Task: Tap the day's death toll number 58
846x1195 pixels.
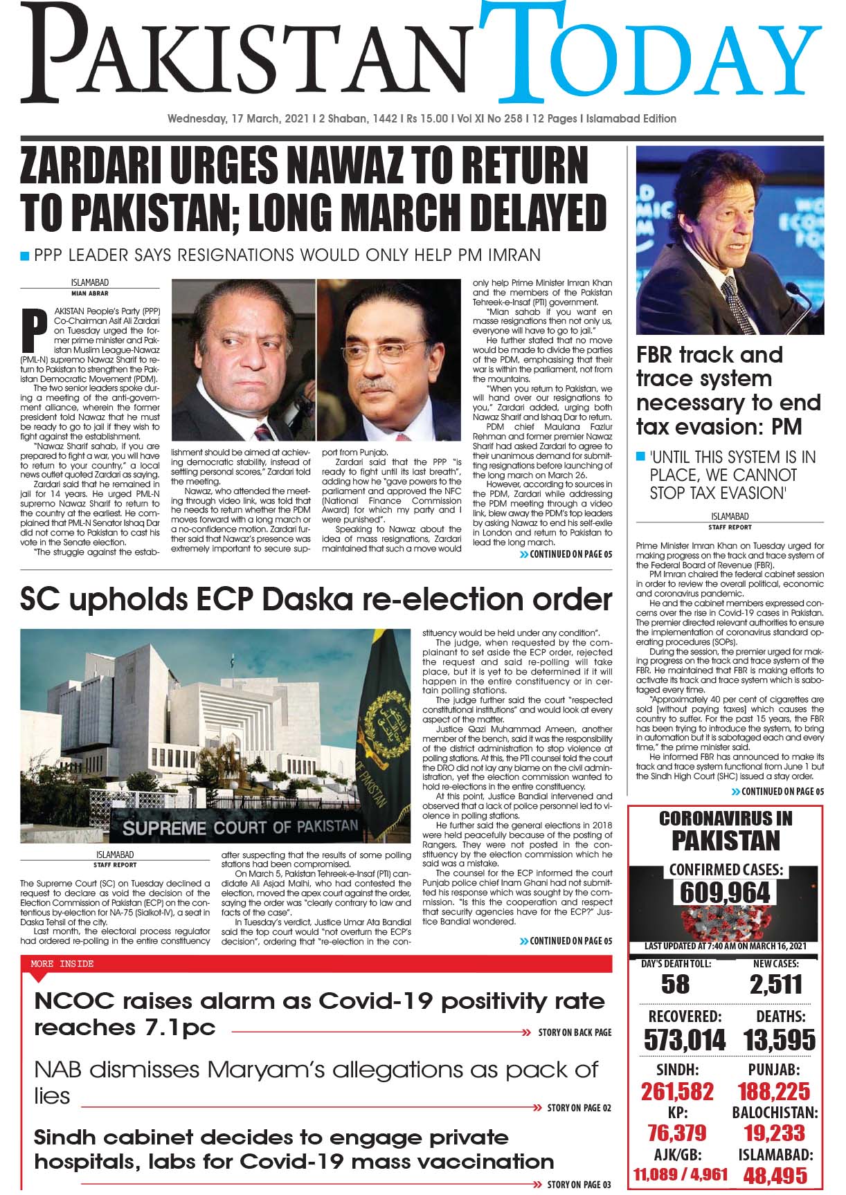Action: coord(675,984)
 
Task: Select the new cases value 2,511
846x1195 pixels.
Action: coord(775,984)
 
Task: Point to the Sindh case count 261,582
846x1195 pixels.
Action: coord(677,1091)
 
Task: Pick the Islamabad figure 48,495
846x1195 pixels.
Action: coord(775,1175)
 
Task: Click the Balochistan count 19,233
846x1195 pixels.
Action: coord(775,1133)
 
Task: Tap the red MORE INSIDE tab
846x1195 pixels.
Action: coord(62,963)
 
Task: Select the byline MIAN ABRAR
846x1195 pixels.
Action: coord(89,293)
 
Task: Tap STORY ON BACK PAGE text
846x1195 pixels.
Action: coord(575,1032)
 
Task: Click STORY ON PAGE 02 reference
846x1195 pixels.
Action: coord(579,1108)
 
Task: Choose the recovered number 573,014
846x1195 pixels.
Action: coord(685,1039)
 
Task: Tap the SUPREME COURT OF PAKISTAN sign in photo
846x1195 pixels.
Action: coord(240,826)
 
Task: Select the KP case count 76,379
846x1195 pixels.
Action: coord(677,1133)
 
